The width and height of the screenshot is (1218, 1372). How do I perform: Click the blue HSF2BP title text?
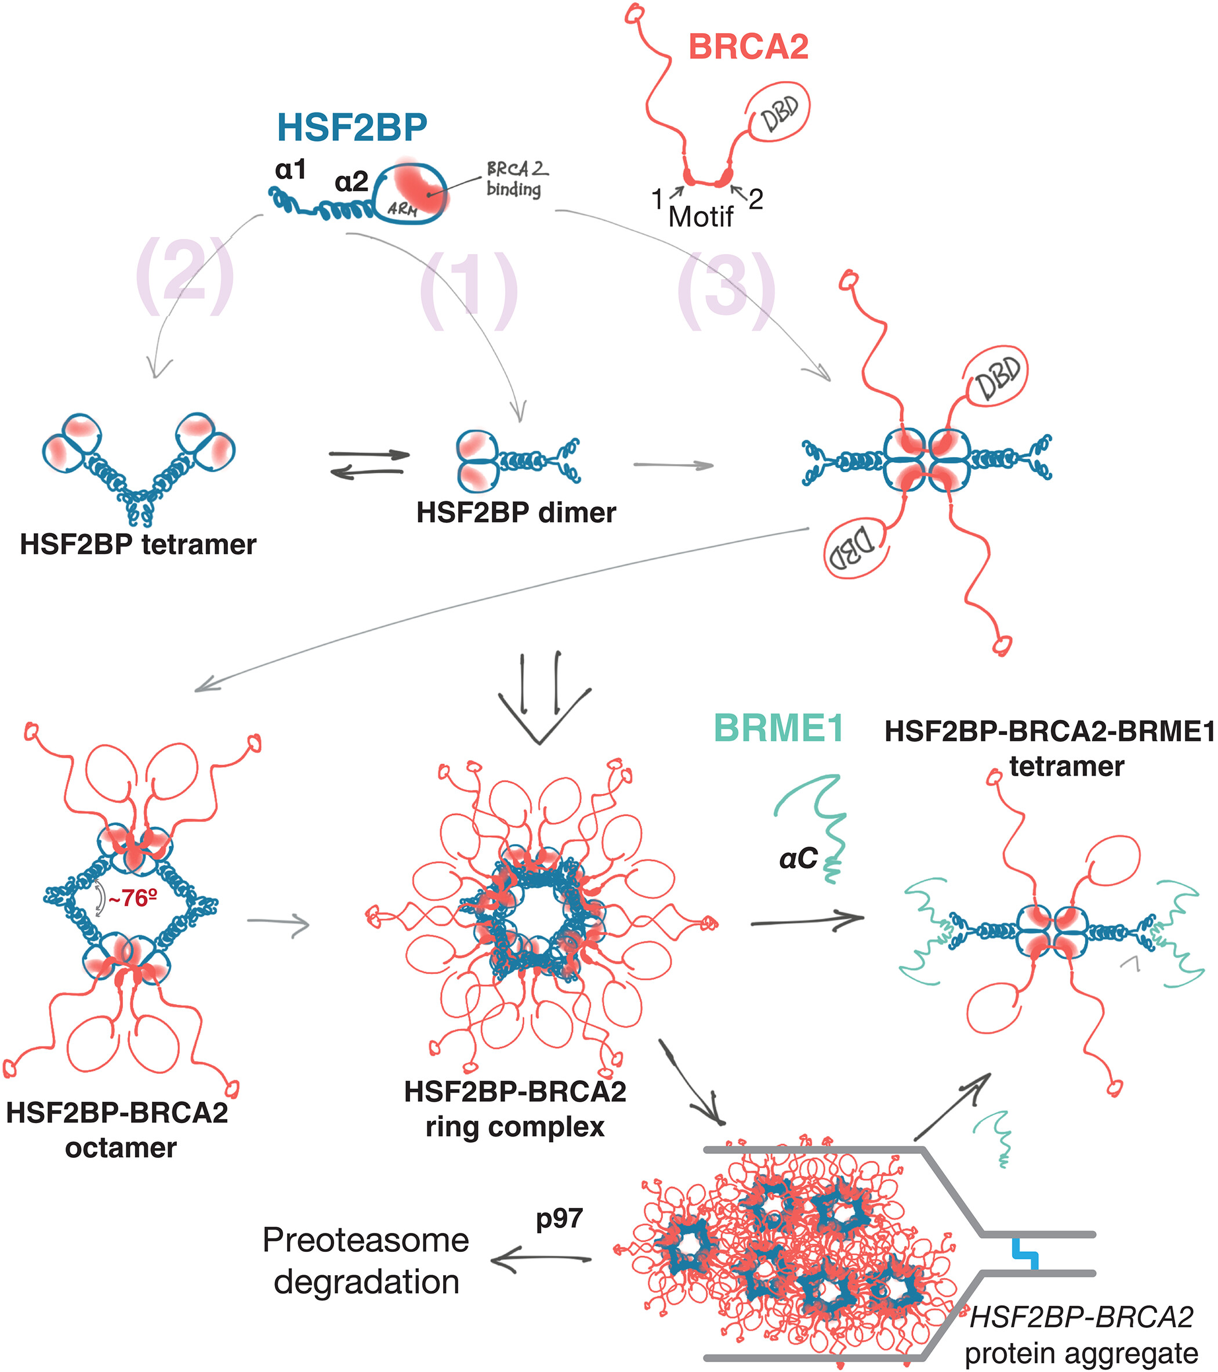point(351,127)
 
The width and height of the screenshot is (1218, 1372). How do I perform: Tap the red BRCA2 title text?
point(748,47)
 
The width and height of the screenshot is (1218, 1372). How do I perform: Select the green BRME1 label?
point(778,728)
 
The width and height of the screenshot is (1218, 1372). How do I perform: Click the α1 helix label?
point(291,170)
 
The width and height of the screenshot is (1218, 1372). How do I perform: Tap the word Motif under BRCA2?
point(701,217)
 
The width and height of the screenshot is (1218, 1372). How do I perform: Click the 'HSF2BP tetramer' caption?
point(137,544)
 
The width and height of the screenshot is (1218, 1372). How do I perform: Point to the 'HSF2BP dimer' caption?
point(516,513)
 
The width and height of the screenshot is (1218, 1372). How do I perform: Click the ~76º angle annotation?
point(133,898)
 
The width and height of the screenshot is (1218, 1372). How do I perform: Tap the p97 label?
point(559,1218)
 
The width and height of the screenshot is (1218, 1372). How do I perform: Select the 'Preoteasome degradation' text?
point(366,1261)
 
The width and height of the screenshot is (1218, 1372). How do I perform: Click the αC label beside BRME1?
point(798,859)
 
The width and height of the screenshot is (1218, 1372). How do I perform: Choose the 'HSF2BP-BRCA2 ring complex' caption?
point(514,1109)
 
